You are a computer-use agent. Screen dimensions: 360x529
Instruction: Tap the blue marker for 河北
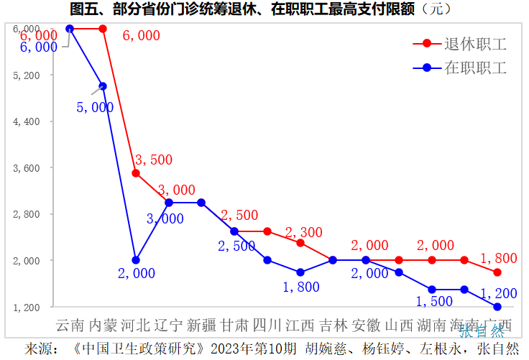click(136, 260)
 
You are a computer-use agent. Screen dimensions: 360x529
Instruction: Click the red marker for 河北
click(136, 173)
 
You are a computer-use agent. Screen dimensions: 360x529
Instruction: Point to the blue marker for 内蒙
click(103, 86)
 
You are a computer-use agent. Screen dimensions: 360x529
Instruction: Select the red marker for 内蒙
click(103, 29)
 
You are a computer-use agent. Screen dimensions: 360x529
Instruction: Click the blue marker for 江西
click(300, 272)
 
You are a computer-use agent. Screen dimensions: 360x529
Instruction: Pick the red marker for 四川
click(267, 231)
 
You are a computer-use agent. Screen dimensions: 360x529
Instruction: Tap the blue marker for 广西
click(497, 307)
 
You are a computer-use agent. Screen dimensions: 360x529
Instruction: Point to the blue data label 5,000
click(95, 107)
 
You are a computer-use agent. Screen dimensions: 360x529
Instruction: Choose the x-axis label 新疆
click(201, 326)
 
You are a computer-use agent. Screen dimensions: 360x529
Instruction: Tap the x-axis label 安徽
click(366, 326)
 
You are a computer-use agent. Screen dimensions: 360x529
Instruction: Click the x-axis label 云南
click(70, 326)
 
